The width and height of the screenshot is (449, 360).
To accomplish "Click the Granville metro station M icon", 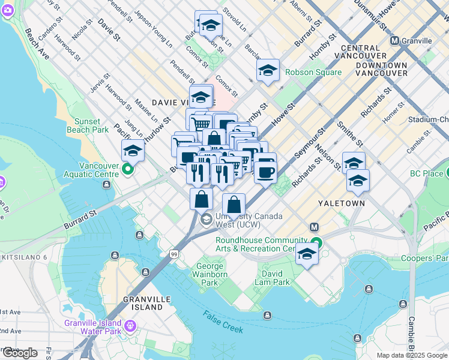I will point(394,41).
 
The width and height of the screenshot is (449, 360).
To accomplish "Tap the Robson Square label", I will point(313,73).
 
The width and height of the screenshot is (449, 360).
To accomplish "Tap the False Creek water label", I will point(223,322).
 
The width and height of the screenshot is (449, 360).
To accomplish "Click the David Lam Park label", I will point(272,278).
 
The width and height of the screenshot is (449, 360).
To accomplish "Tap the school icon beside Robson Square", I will point(268,71).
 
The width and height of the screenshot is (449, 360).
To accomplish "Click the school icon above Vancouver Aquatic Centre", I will point(133,151).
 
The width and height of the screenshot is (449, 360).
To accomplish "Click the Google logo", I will point(20,353).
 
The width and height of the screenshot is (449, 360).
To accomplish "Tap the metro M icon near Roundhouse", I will point(313,227).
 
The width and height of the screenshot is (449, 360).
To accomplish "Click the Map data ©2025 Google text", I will point(411,355).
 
